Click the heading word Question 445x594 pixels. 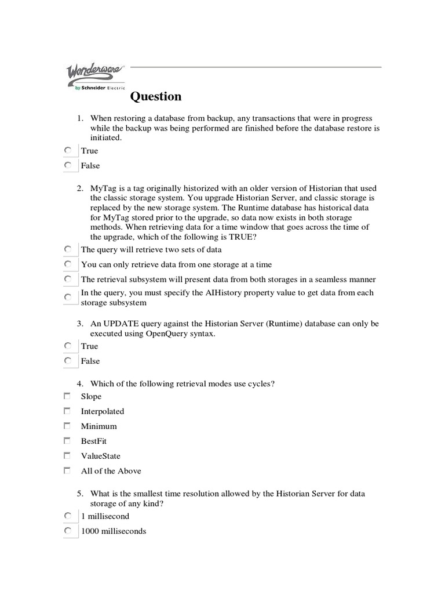pos(155,96)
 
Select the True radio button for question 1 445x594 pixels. pos(68,150)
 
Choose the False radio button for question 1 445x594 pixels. pos(68,165)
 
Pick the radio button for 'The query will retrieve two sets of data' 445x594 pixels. pos(68,249)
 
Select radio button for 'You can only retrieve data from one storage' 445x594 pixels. pos(68,264)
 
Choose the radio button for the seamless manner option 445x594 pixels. pos(68,279)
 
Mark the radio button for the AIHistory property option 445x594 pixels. pos(68,297)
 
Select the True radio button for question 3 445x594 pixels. pos(68,346)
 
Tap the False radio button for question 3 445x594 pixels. pos(68,361)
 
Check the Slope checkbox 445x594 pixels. pos(67,396)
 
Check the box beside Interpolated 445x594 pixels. pos(67,411)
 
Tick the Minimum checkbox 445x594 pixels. pos(67,426)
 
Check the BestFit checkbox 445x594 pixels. pos(67,440)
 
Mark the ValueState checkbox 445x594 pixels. pos(67,455)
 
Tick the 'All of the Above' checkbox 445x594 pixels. pos(67,470)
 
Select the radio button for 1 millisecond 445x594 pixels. pos(68,516)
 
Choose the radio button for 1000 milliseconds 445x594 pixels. pos(68,530)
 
